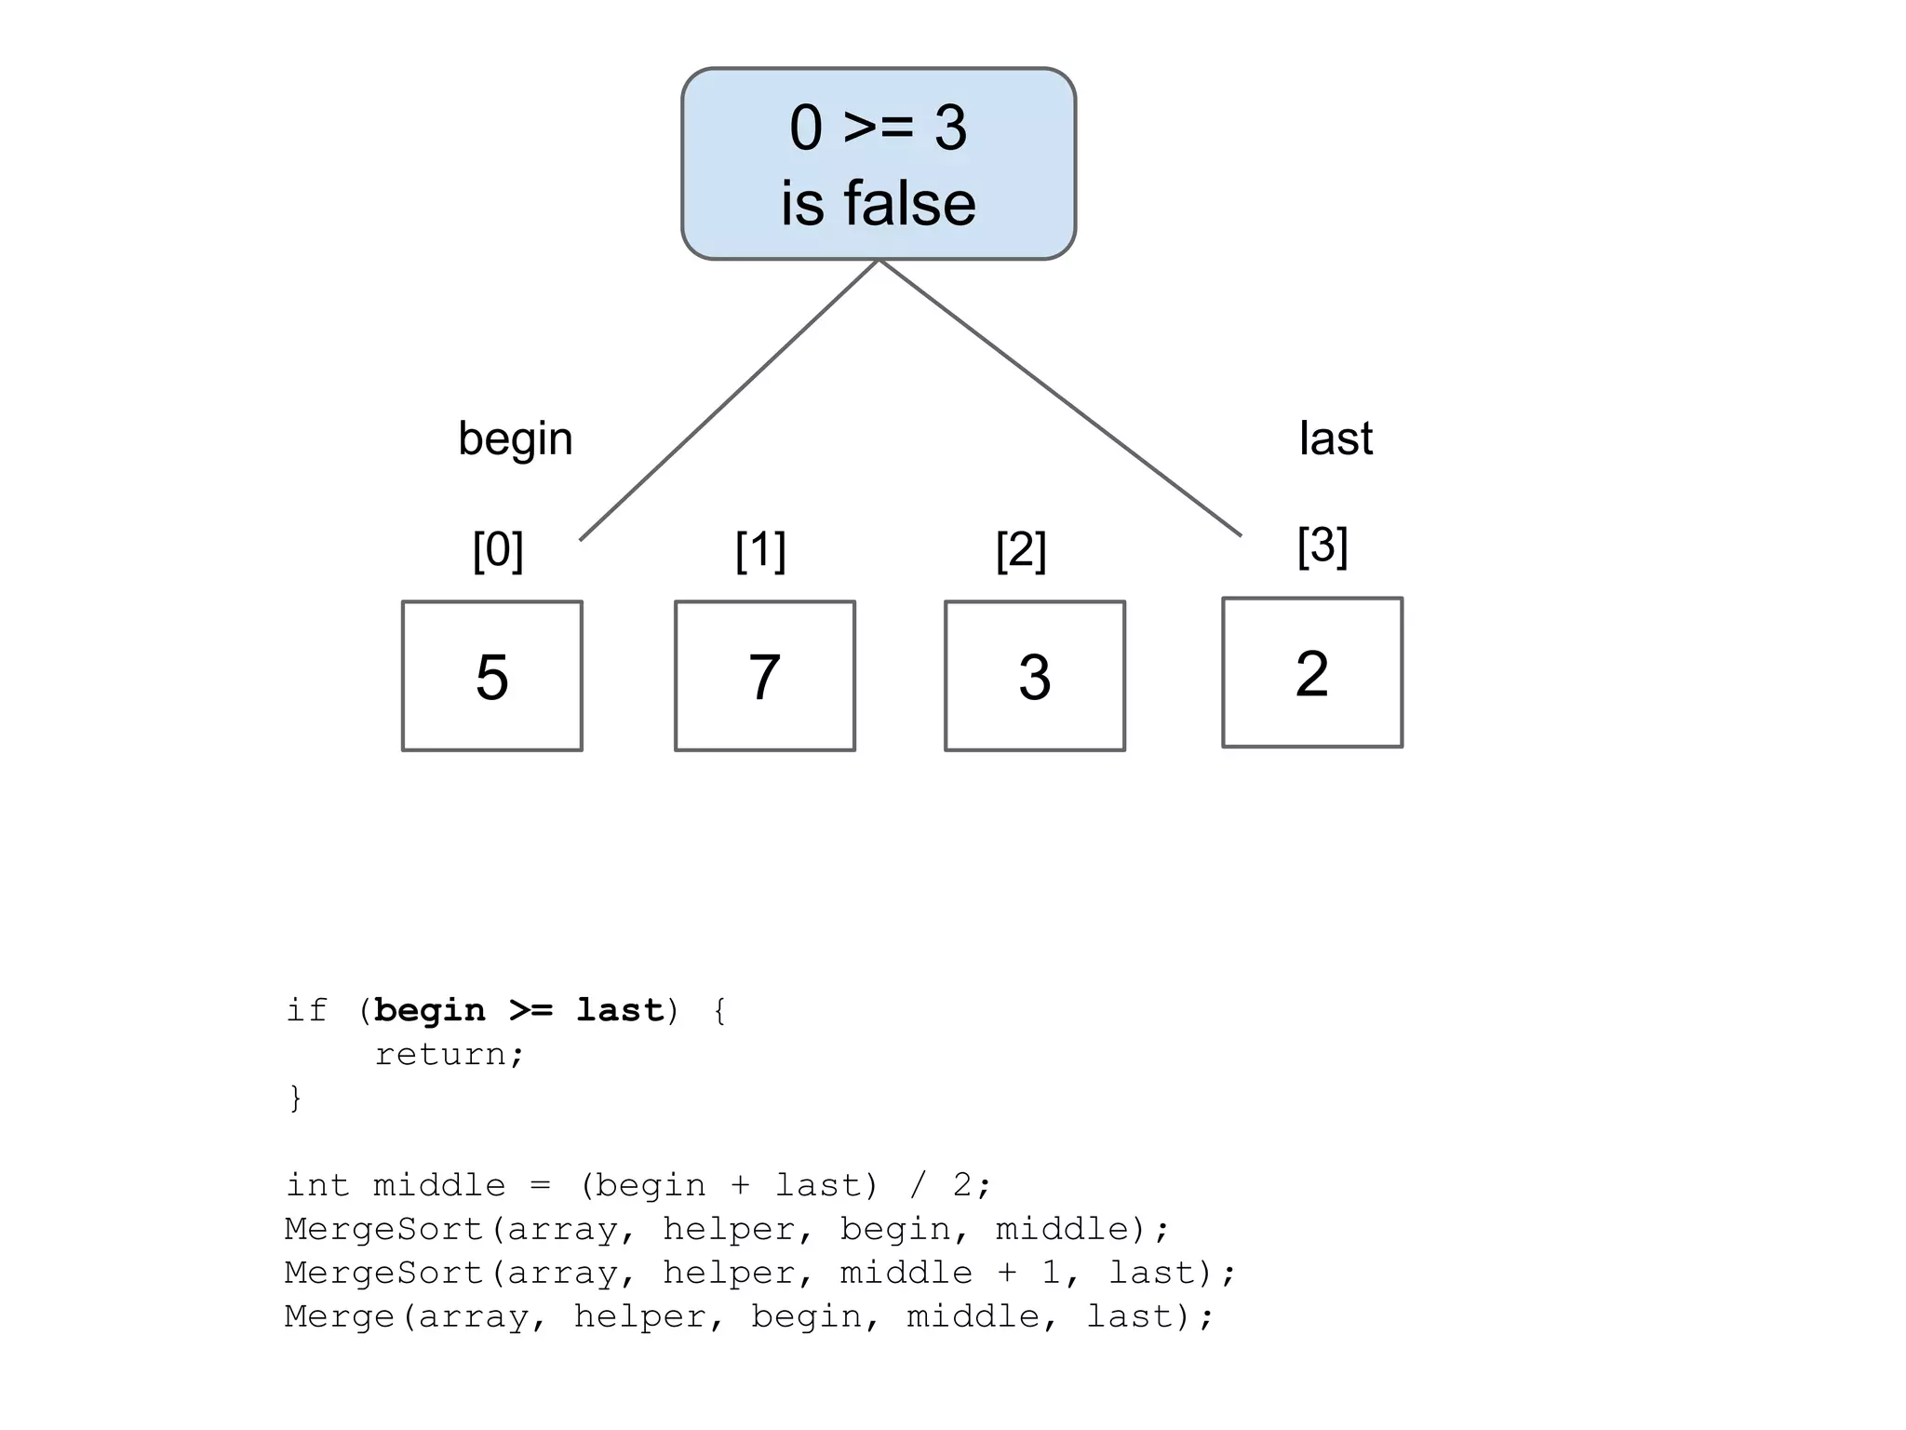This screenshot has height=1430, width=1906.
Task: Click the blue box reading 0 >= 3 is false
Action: coord(878,164)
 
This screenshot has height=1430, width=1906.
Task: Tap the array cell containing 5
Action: coord(491,676)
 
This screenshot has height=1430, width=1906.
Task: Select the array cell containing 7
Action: coord(764,676)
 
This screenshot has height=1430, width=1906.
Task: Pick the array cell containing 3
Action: coord(1034,676)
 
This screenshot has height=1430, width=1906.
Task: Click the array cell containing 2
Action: coord(1311,672)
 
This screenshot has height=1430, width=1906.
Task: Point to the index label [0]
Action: coord(498,550)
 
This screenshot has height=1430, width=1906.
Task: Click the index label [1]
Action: coord(760,550)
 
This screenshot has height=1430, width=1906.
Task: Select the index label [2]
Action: coord(1021,550)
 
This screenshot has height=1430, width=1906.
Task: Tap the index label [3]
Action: coord(1322,546)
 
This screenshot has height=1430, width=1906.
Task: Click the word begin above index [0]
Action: coord(515,438)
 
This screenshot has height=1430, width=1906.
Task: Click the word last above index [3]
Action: coord(1336,438)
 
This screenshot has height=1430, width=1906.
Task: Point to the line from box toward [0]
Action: coord(729,400)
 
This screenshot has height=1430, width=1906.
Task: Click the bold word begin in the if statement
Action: coord(429,1010)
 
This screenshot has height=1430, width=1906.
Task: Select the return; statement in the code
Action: coord(450,1054)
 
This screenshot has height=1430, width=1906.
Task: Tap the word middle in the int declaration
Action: coord(438,1185)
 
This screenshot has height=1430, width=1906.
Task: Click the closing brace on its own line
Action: coord(295,1098)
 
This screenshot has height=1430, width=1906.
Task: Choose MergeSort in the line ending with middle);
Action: coord(383,1229)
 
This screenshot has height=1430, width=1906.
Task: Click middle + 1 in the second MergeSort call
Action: coord(949,1273)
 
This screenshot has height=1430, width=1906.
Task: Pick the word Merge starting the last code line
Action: coord(340,1316)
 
